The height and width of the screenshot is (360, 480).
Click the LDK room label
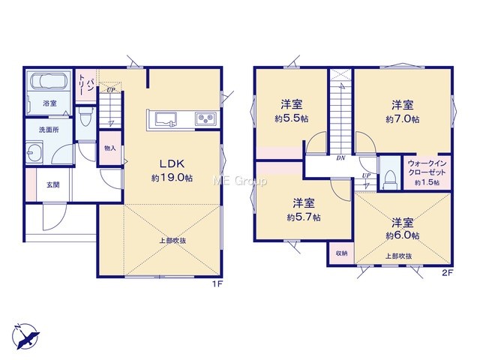[172, 163]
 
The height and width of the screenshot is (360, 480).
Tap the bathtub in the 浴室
[49, 81]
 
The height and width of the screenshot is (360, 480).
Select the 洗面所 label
[49, 130]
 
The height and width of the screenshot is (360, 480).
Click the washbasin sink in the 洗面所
[34, 151]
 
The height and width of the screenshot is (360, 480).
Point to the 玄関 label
[53, 184]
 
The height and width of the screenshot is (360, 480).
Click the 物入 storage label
[110, 148]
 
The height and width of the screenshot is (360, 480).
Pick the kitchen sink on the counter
[166, 119]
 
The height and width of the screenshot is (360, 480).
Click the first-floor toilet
[85, 117]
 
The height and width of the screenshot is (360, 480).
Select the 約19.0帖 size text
[172, 178]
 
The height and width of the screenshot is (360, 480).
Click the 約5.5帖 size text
[292, 118]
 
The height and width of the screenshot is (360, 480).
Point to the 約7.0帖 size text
[402, 119]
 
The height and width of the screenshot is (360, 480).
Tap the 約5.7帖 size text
[304, 217]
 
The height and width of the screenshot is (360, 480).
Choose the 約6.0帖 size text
[402, 235]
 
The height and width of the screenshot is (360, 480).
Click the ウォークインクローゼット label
[427, 168]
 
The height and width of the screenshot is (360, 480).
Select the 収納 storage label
[341, 253]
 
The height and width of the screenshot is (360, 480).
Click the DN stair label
[340, 158]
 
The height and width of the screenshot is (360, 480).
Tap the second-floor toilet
[390, 178]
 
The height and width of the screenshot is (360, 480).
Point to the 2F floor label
[447, 273]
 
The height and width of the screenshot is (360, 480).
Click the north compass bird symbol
[26, 336]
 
